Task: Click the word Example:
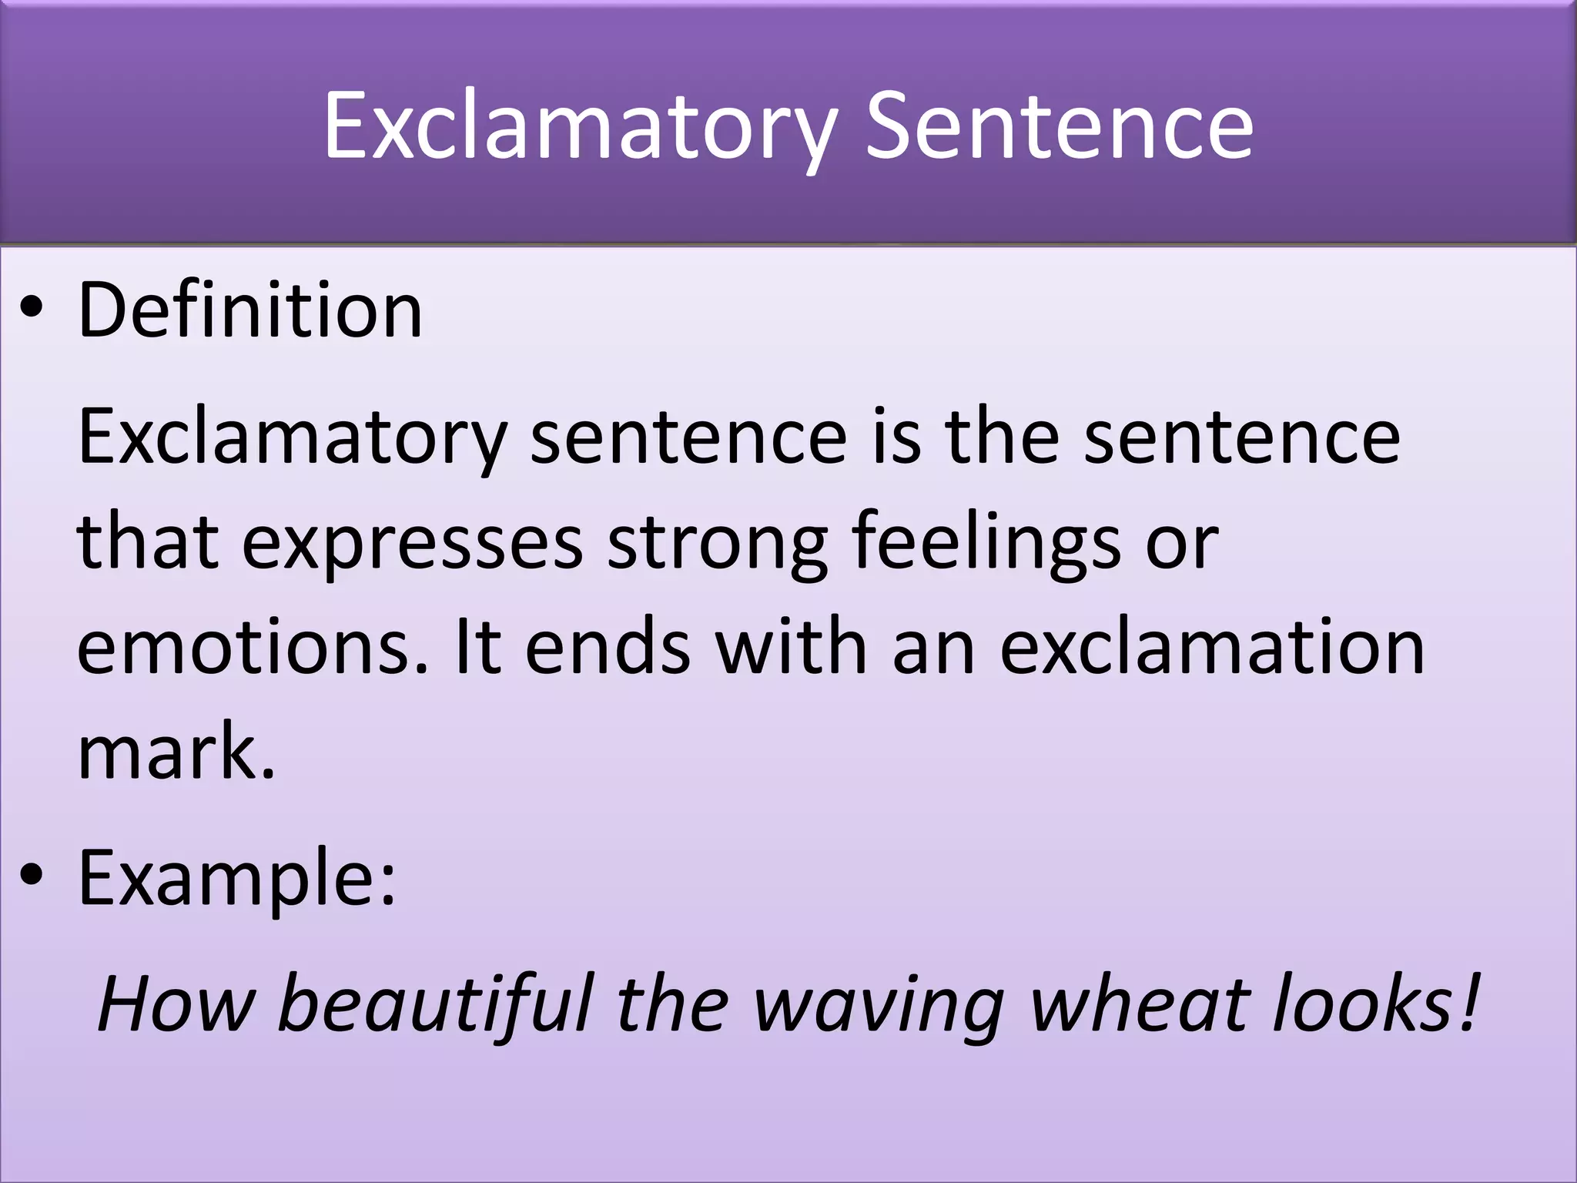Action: [x=237, y=878]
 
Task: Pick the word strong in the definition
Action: [x=718, y=543]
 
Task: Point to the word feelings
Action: [x=987, y=543]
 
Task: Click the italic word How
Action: [x=176, y=1004]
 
